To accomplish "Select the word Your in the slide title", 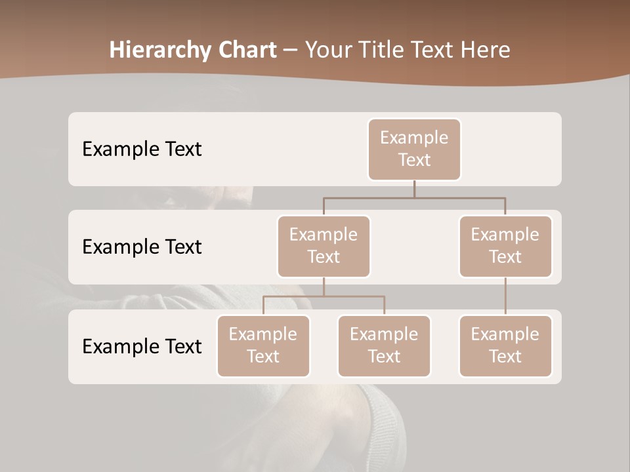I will coord(328,50).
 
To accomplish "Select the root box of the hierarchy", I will coord(414,149).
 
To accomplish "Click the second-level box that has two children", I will coord(324,246).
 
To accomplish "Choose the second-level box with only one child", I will coord(505,246).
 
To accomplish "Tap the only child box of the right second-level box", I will coord(505,346).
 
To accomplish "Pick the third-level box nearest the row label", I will coord(263,346).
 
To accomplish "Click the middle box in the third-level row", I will coord(384,346).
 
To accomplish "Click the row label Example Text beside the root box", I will coord(142,149).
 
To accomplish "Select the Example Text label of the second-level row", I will coord(142,247).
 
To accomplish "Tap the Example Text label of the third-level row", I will coord(142,346).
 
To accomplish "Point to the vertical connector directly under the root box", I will coord(414,189).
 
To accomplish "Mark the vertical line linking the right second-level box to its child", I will coord(505,296).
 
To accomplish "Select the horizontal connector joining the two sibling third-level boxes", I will coord(324,296).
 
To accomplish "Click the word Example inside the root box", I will coord(414,138).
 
